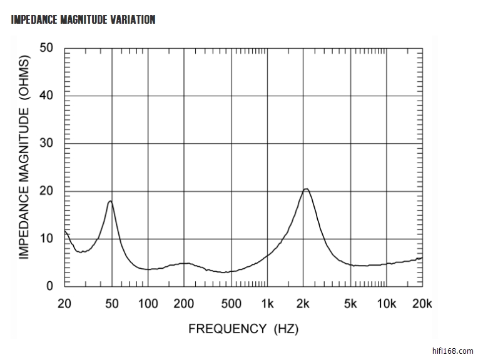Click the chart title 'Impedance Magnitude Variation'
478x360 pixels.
[x=83, y=19]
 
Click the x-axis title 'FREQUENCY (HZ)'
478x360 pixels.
[x=243, y=328]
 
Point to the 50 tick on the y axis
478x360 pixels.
[x=46, y=48]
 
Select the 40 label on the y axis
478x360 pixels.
[x=46, y=96]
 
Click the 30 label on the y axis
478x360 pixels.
[x=46, y=143]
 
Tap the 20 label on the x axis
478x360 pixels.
[x=64, y=304]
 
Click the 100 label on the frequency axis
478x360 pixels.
[x=148, y=304]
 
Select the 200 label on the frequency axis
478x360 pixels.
[x=184, y=304]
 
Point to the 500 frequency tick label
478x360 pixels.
[x=231, y=304]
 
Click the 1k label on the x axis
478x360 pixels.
[x=267, y=304]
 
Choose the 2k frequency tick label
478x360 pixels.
[x=303, y=304]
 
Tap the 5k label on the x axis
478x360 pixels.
[x=350, y=304]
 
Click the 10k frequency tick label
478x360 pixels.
[x=387, y=304]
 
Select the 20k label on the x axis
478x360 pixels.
[x=422, y=304]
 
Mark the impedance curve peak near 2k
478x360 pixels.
[x=306, y=189]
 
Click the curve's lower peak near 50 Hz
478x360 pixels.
[x=110, y=201]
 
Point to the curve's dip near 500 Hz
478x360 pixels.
[x=225, y=272]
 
